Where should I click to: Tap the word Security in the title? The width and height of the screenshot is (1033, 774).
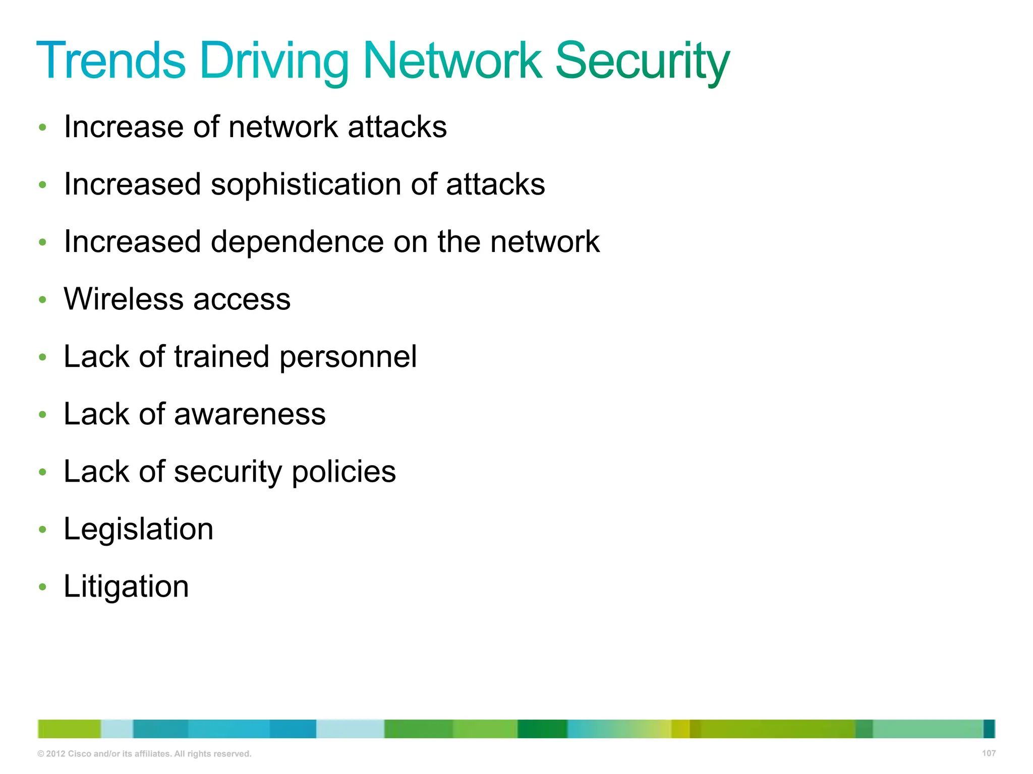[x=642, y=61]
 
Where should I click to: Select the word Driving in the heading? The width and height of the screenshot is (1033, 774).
[x=274, y=61]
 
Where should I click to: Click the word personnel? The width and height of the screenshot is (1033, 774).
[x=348, y=357]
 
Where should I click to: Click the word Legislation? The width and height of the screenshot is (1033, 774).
[x=139, y=530]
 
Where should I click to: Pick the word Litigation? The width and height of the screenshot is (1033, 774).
[x=126, y=587]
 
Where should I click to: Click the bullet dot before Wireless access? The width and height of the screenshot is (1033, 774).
[x=43, y=300]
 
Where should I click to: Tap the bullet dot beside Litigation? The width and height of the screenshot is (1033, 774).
[x=43, y=587]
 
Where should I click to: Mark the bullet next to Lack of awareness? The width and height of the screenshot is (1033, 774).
[x=43, y=415]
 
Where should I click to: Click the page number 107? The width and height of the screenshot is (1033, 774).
[x=989, y=753]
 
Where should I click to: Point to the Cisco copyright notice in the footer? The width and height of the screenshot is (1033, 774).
[x=144, y=754]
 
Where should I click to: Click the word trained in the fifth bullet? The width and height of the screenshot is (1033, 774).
[x=222, y=357]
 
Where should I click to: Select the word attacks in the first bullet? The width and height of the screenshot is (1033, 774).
[x=397, y=126]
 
